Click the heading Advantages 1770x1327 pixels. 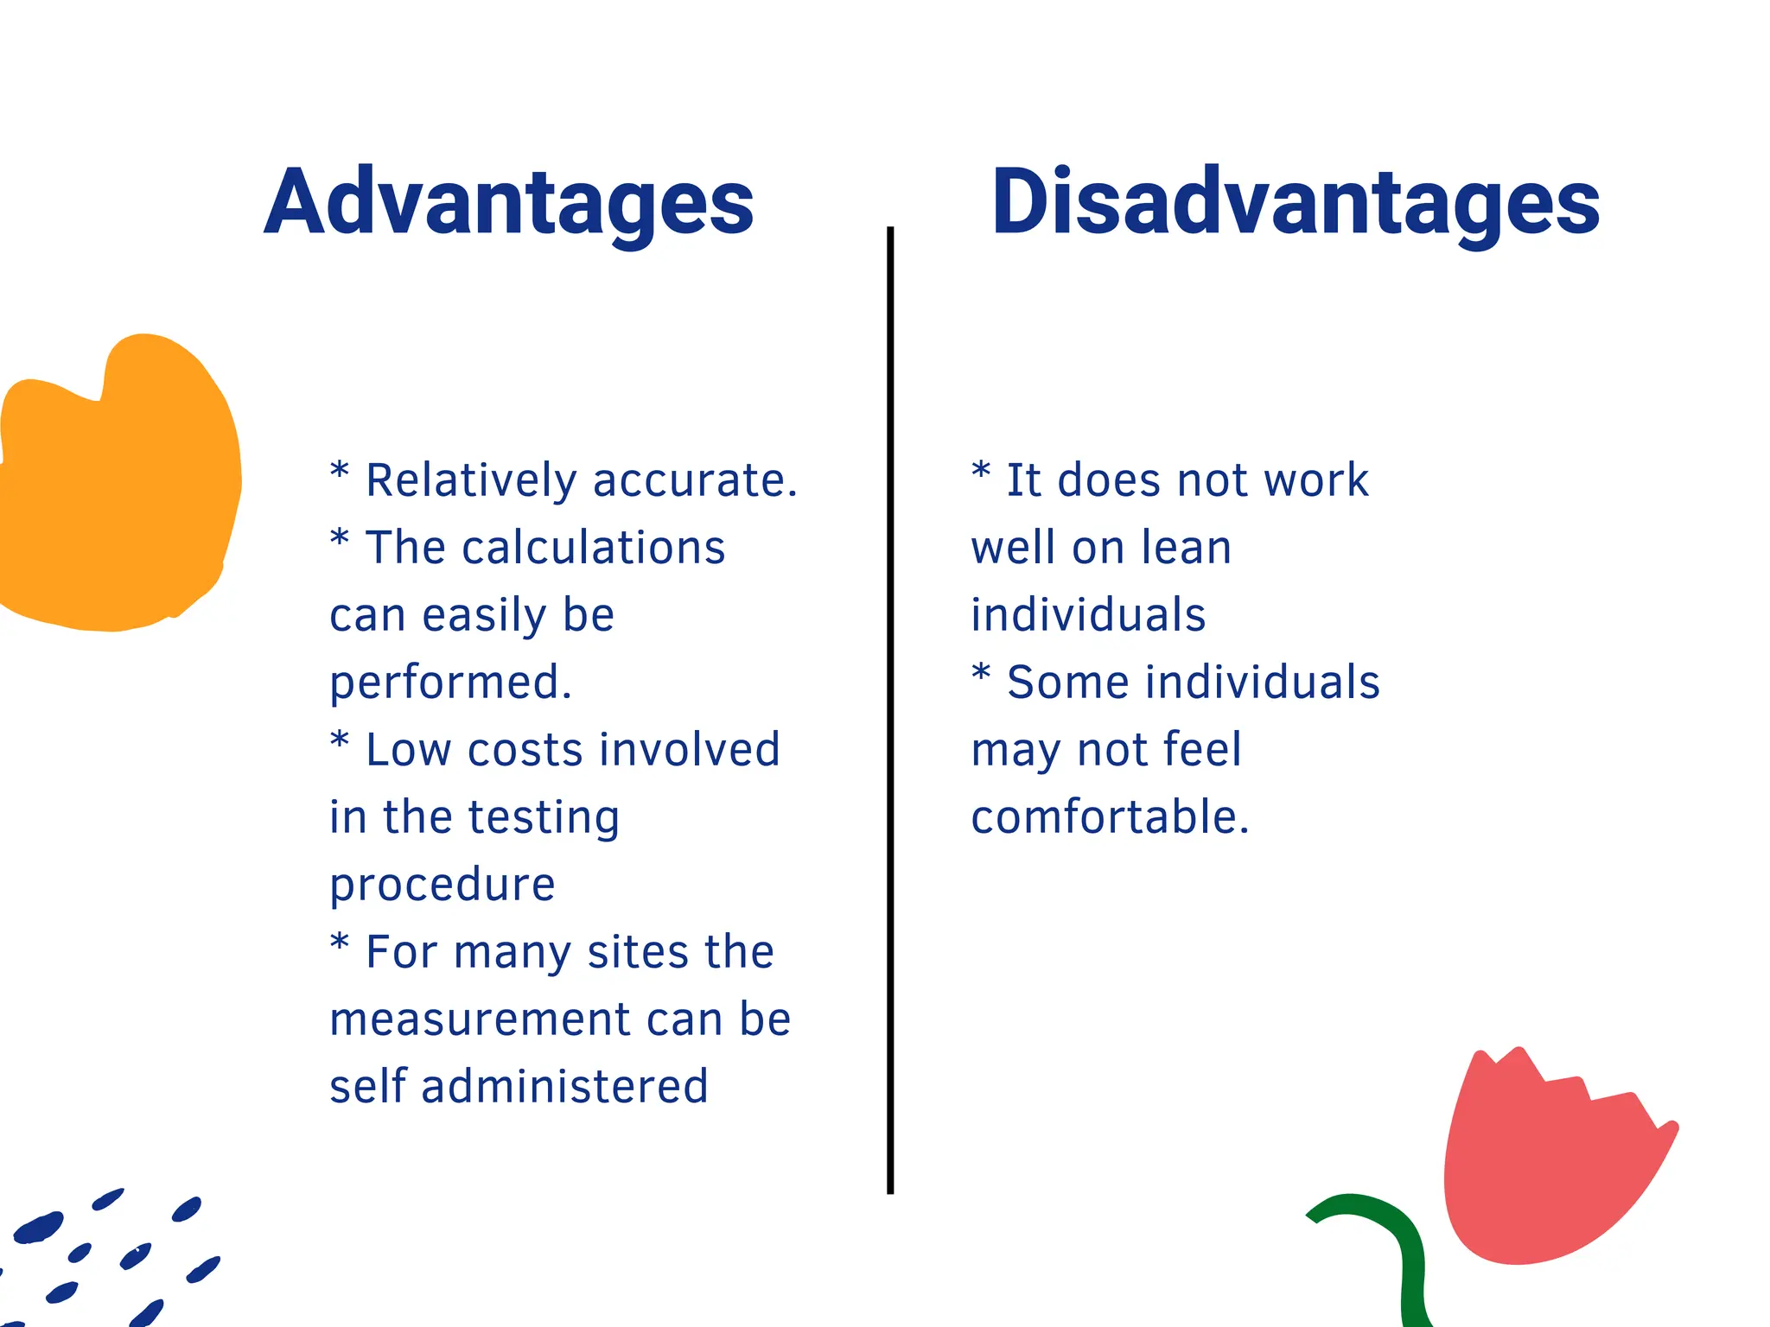[509, 202]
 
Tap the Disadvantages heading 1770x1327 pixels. [1296, 202]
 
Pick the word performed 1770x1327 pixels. [449, 683]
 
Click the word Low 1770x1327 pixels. [407, 750]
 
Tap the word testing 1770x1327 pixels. [544, 818]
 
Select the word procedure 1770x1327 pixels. [442, 886]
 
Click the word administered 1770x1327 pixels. [564, 1087]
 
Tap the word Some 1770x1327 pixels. [1068, 683]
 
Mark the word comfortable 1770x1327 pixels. [1109, 817]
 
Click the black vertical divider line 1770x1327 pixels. [890, 708]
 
